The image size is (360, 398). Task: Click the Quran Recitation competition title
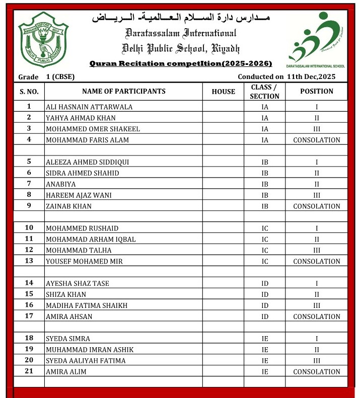click(180, 63)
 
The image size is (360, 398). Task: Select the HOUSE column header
click(223, 92)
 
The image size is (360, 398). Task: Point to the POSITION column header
click(316, 92)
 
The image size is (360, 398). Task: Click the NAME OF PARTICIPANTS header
click(123, 92)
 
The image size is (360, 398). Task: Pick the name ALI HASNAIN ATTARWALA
click(90, 107)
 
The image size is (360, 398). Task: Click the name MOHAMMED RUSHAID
click(79, 228)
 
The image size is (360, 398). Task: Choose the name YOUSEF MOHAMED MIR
click(84, 262)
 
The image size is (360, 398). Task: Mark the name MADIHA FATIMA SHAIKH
click(86, 305)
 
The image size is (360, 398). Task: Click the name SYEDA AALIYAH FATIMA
click(86, 361)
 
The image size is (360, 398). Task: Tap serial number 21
click(29, 371)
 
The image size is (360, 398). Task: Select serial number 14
click(29, 283)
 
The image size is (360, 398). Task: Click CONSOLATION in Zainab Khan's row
click(316, 206)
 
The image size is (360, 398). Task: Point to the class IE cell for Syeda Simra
click(265, 339)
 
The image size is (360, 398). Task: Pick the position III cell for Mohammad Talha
click(316, 251)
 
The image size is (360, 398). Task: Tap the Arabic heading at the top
click(180, 18)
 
